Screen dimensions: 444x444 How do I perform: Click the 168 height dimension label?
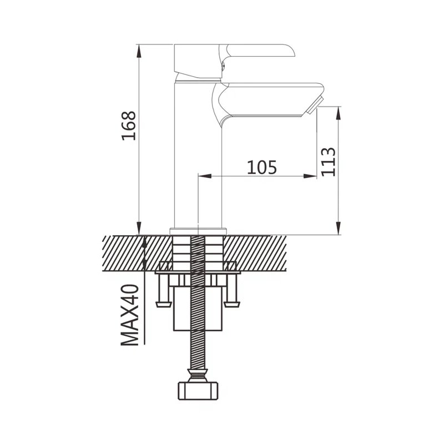click(129, 126)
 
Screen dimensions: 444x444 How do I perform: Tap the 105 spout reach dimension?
click(261, 167)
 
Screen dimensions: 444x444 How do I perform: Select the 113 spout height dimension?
click(329, 162)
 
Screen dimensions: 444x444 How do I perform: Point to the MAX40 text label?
click(130, 315)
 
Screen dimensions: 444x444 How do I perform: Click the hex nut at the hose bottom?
click(198, 391)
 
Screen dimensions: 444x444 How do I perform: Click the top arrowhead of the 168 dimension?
click(139, 51)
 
